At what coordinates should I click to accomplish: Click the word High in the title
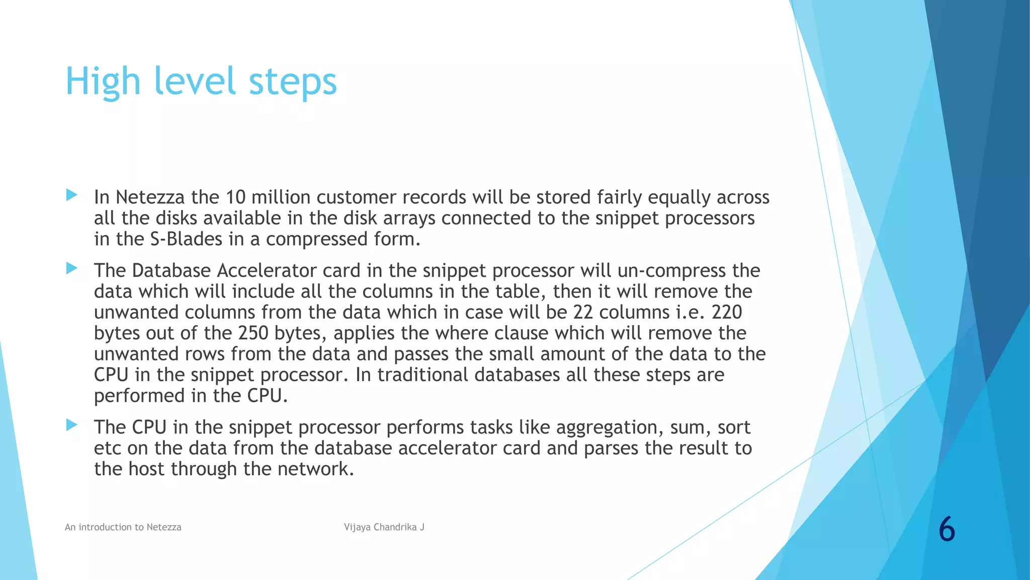103,82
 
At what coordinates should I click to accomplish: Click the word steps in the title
293,82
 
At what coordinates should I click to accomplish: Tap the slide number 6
947,530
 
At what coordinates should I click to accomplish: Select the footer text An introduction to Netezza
123,527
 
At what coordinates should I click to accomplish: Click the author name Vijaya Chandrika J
384,527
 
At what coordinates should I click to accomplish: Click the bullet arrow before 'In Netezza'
71,195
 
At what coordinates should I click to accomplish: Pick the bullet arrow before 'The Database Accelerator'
71,268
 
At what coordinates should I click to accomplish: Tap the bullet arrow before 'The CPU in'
71,425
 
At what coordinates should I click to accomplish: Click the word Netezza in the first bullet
150,197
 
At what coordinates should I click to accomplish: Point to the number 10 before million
235,197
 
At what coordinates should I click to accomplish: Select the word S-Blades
186,239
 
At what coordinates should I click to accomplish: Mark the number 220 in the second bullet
727,313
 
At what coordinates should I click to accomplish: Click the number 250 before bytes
253,333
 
